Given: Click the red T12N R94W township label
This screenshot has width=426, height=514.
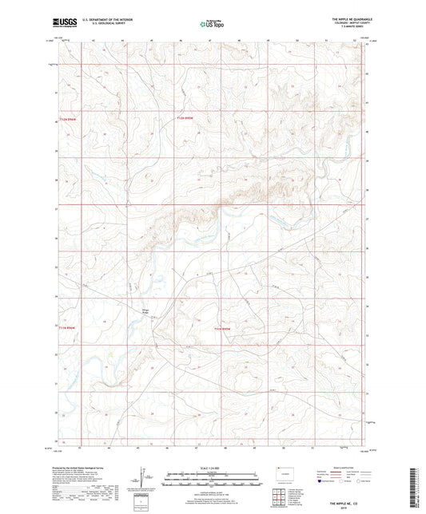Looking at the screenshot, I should (70, 117).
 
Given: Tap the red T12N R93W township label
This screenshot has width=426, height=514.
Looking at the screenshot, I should (185, 117).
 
